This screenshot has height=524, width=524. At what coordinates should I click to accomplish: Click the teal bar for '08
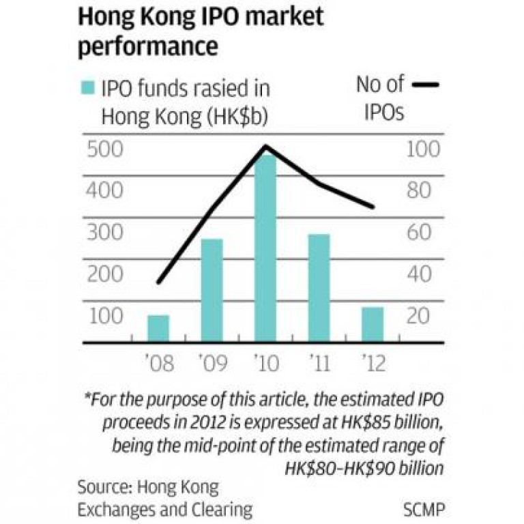click(x=158, y=328)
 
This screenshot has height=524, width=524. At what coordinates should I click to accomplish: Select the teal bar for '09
click(x=212, y=290)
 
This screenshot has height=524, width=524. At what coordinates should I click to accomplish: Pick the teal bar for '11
click(x=319, y=287)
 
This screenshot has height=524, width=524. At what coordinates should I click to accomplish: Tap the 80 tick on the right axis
click(x=419, y=190)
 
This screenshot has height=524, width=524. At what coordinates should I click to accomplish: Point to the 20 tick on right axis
click(x=419, y=316)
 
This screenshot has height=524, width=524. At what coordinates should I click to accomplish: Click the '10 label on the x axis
click(x=265, y=363)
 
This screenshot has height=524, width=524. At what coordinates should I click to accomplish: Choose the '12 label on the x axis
click(x=373, y=363)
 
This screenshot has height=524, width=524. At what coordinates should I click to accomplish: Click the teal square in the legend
click(x=88, y=88)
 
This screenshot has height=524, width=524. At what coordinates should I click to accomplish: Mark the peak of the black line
click(x=265, y=146)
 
